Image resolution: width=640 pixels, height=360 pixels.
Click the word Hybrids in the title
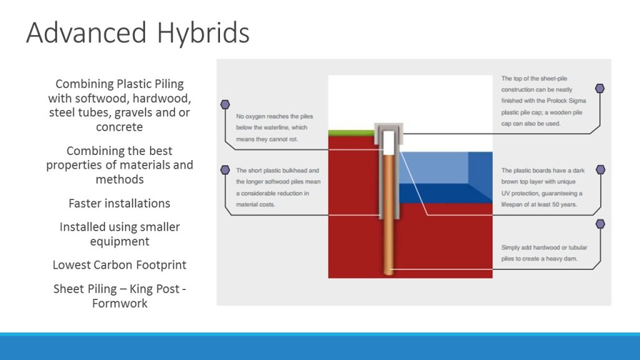pyautogui.click(x=203, y=33)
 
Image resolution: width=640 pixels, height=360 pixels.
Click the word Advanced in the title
pyautogui.click(x=86, y=32)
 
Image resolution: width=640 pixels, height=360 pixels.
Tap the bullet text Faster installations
pyautogui.click(x=119, y=203)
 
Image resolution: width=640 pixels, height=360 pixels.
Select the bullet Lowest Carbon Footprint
pyautogui.click(x=119, y=265)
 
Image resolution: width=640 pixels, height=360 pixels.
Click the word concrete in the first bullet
pyautogui.click(x=119, y=127)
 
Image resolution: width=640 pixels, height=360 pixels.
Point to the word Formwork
pyautogui.click(x=119, y=303)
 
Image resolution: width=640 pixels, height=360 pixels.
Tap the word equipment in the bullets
pyautogui.click(x=119, y=241)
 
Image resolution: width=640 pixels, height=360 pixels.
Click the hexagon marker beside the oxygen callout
pyautogui.click(x=225, y=104)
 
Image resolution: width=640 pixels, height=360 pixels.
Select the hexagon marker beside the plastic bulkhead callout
pyautogui.click(x=225, y=170)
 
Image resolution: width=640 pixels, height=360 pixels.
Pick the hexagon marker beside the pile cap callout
pyautogui.click(x=599, y=88)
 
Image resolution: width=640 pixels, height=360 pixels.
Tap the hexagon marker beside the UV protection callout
pyautogui.click(x=601, y=169)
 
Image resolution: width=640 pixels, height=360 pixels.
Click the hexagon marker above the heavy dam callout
pyautogui.click(x=600, y=224)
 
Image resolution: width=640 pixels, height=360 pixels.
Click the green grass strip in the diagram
pyautogui.click(x=351, y=133)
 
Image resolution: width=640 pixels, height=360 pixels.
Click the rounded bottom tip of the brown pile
pyautogui.click(x=389, y=272)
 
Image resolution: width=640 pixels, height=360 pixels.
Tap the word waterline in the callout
pyautogui.click(x=276, y=127)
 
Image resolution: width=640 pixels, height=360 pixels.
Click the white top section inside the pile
pyautogui.click(x=389, y=143)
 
